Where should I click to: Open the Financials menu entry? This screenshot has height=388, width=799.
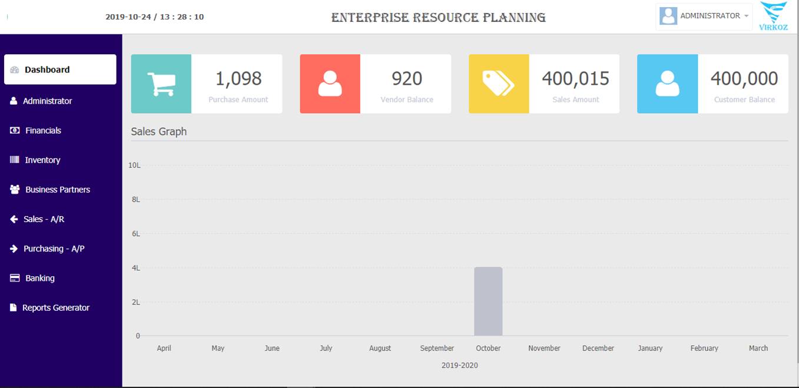pyautogui.click(x=43, y=131)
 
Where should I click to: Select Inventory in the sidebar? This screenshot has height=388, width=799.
pyautogui.click(x=42, y=160)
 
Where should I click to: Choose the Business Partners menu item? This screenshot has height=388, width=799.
pyautogui.click(x=57, y=190)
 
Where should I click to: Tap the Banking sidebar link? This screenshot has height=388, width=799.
pyautogui.click(x=39, y=278)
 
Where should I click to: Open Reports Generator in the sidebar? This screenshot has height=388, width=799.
pyautogui.click(x=55, y=307)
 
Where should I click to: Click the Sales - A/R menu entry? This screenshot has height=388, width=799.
pyautogui.click(x=44, y=219)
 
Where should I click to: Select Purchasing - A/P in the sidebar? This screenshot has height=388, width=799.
pyautogui.click(x=54, y=248)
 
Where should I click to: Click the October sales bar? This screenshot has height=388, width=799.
pyautogui.click(x=488, y=301)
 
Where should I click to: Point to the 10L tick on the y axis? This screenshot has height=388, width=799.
pyautogui.click(x=134, y=165)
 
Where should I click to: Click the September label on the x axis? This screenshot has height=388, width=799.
pyautogui.click(x=437, y=349)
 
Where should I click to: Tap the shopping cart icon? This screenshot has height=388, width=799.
pyautogui.click(x=161, y=84)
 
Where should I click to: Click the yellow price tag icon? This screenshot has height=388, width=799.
pyautogui.click(x=498, y=84)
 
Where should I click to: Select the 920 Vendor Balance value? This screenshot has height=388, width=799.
pyautogui.click(x=407, y=78)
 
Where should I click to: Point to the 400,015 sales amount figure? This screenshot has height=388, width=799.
pyautogui.click(x=575, y=78)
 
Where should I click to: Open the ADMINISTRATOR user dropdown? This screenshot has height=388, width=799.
pyautogui.click(x=705, y=16)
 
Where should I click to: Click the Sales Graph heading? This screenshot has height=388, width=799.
pyautogui.click(x=159, y=132)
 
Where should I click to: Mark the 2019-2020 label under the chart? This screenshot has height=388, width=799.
pyautogui.click(x=459, y=366)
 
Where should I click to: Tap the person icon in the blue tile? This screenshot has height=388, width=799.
pyautogui.click(x=667, y=84)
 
